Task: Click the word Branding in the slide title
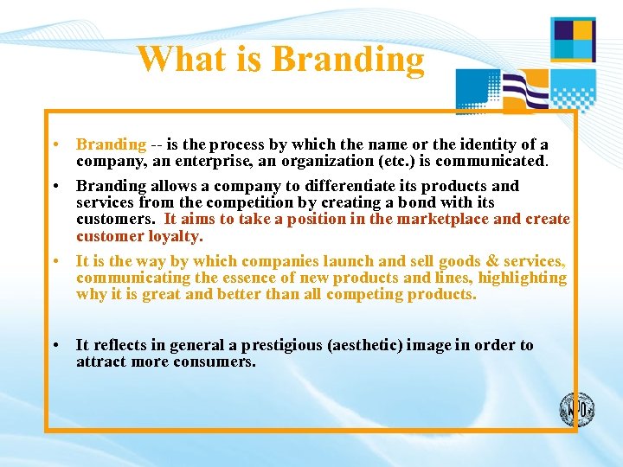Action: click(x=348, y=61)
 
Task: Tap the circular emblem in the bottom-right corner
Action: click(x=576, y=408)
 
